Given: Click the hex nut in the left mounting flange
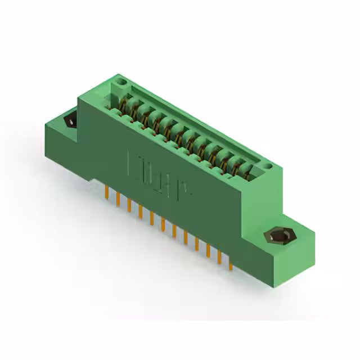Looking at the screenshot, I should (x=70, y=120).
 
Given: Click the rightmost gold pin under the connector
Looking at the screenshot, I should (x=231, y=260).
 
